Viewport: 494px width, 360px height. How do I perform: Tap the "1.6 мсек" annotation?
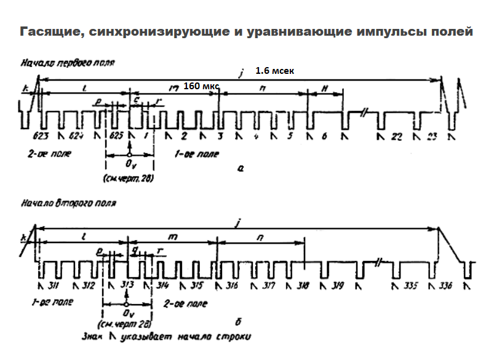[274, 71]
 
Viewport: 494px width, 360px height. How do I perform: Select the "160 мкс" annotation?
[201, 87]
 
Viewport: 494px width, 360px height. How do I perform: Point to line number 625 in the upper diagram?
[115, 135]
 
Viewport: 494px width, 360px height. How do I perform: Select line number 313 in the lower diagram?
[127, 286]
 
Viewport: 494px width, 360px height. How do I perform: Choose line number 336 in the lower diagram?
[445, 286]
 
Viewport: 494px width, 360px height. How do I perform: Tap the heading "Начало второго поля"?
[68, 202]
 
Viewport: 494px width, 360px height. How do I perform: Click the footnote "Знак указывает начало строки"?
[166, 337]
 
